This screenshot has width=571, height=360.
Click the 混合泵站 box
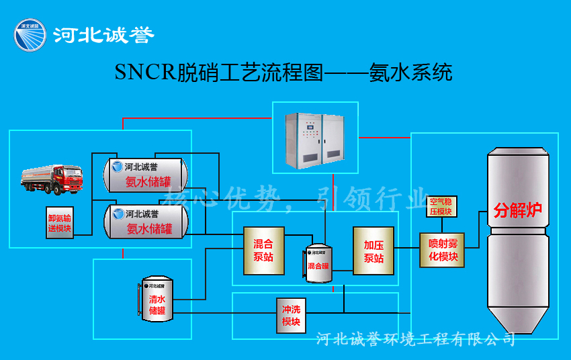pyautogui.click(x=263, y=250)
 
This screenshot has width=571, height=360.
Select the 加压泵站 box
pyautogui.click(x=373, y=250)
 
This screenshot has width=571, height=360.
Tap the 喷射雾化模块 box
pyautogui.click(x=442, y=249)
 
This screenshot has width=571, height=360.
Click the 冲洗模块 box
pyautogui.click(x=291, y=315)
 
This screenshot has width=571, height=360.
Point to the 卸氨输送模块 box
pyautogui.click(x=60, y=223)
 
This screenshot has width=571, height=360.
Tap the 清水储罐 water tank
pyautogui.click(x=157, y=300)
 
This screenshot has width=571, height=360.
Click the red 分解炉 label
pyautogui.click(x=517, y=210)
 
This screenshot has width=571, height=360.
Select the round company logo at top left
pyautogui.click(x=30, y=35)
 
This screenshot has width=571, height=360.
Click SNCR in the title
pyautogui.click(x=144, y=73)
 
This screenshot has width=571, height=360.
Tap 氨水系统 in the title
pyautogui.click(x=410, y=73)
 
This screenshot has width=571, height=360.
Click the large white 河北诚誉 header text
pyautogui.click(x=103, y=35)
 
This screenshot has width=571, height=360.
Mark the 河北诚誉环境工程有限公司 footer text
pyautogui.click(x=415, y=339)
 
